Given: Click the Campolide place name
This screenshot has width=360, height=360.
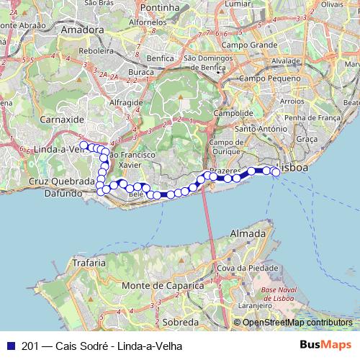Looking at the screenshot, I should tap(233, 114).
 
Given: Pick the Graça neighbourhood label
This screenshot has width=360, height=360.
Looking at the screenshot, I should tap(307, 138).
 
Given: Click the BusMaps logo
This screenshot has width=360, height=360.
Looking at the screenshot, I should tap(325, 346).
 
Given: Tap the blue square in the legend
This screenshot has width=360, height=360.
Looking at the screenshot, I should tap(10, 346).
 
